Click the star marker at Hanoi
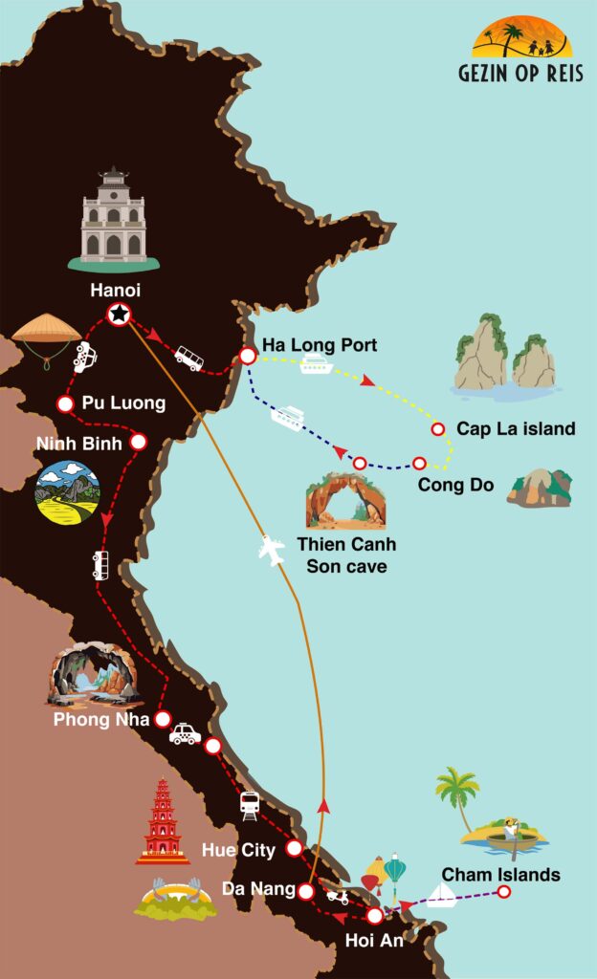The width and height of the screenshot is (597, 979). [x=119, y=313]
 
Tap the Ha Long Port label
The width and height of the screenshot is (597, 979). [x=320, y=345]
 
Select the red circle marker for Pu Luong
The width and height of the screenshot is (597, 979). [x=65, y=403]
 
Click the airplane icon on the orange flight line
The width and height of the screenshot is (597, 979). [x=274, y=551]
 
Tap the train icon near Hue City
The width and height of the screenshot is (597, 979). [x=250, y=805]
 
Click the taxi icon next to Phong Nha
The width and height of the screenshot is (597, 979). [x=186, y=733]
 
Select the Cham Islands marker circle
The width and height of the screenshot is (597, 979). [x=504, y=892]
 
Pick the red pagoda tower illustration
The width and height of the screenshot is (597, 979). [x=163, y=821]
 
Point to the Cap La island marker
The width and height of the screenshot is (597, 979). [x=438, y=428]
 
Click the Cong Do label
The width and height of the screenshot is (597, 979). [x=455, y=485]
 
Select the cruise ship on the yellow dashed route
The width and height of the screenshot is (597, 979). [x=316, y=364]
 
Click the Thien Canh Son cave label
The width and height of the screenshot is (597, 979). [x=346, y=555]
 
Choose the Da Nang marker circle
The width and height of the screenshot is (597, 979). [x=305, y=891]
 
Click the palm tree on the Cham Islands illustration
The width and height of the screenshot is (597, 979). [x=457, y=793]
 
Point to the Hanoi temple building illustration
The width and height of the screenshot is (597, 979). [x=113, y=219]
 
